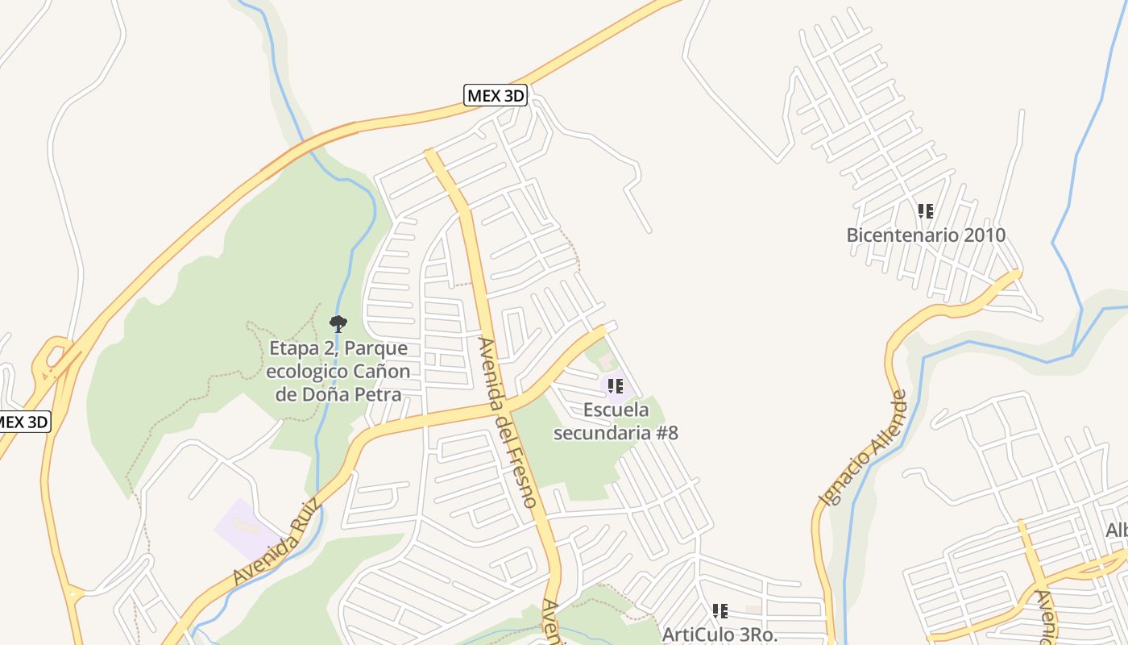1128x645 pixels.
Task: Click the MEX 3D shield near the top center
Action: tap(496, 96)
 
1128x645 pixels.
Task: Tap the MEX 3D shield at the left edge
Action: tap(23, 422)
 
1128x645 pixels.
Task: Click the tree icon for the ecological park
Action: tap(338, 324)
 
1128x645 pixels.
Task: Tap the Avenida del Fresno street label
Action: tap(507, 422)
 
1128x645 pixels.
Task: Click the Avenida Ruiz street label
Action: tap(276, 542)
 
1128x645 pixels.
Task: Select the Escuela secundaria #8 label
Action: tap(616, 421)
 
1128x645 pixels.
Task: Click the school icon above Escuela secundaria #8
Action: tap(615, 386)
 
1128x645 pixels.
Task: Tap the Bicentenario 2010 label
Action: tap(926, 235)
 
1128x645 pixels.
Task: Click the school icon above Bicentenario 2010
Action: tap(926, 211)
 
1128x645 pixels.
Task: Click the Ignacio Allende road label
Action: tap(862, 448)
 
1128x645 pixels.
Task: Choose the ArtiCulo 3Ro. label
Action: tap(720, 635)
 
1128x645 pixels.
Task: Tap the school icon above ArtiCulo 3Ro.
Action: tap(720, 611)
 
